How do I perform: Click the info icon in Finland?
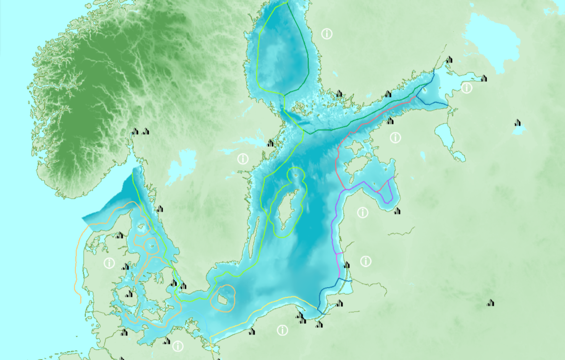(x=326, y=33)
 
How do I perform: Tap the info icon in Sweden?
(x=243, y=159)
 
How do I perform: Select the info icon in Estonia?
(x=395, y=137)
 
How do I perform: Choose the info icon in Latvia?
(x=362, y=213)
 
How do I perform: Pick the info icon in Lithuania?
(x=366, y=261)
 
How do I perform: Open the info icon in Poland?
(x=282, y=330)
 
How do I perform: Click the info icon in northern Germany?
(x=178, y=346)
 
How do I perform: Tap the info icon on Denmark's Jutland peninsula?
(x=109, y=263)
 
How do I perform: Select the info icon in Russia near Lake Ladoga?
(x=467, y=88)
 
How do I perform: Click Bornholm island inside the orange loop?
(x=223, y=298)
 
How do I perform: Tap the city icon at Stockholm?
(x=271, y=143)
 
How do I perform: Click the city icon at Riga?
(x=397, y=210)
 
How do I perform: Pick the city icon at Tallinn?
(x=390, y=121)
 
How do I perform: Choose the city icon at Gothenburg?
(x=160, y=208)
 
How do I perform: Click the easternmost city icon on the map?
(x=518, y=123)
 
